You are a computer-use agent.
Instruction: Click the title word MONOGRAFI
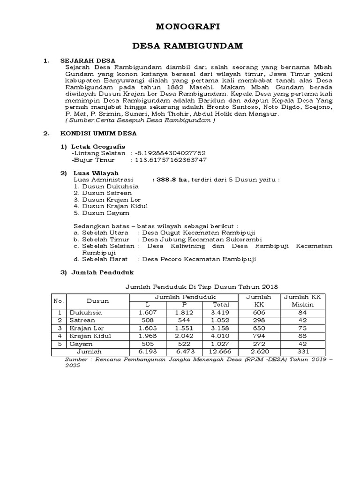[180, 28]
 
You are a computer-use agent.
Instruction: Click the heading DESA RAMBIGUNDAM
[180, 47]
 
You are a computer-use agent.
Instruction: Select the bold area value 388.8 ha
[170, 179]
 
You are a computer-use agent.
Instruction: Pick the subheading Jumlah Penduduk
[102, 272]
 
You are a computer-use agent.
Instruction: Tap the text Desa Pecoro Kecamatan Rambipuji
[199, 259]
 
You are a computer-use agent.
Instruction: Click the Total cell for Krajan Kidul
[218, 335]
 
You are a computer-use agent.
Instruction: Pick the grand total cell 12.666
[218, 351]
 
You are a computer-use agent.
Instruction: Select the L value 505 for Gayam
[148, 343]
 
